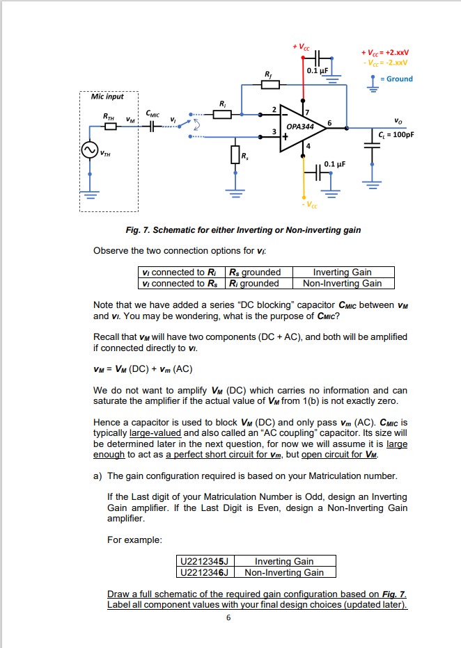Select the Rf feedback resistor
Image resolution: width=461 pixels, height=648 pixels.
269,84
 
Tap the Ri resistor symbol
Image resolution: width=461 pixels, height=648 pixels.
222,115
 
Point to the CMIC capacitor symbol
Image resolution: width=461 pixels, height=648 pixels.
153,126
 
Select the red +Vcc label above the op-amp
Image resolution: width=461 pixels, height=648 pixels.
301,47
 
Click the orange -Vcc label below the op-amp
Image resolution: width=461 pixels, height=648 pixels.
308,205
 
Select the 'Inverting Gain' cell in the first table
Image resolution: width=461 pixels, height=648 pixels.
342,273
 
